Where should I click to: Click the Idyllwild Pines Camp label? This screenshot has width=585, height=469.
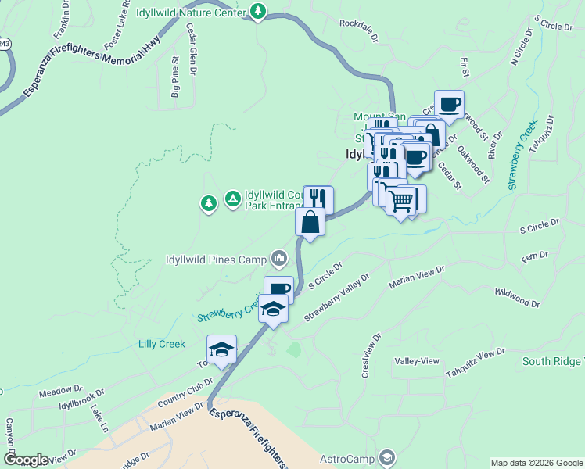click(x=216, y=259)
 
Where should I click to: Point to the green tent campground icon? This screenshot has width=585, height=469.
click(x=232, y=200)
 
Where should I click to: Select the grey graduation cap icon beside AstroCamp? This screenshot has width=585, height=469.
click(x=386, y=457)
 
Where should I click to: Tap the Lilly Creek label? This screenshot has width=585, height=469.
click(x=161, y=344)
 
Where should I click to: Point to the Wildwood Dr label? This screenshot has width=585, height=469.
click(x=517, y=297)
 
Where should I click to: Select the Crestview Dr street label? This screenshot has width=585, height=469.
click(x=371, y=356)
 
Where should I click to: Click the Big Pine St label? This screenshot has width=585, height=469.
click(x=175, y=77)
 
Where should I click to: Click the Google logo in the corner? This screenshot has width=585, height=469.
click(x=25, y=460)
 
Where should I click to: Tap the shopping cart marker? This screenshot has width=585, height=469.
click(x=401, y=201)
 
